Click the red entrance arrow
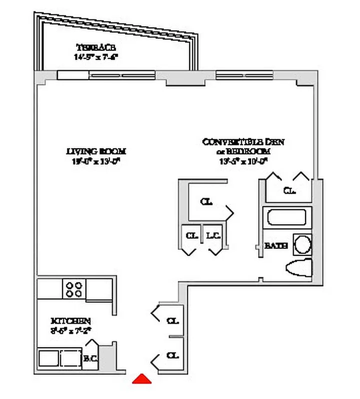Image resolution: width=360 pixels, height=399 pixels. (x=142, y=379)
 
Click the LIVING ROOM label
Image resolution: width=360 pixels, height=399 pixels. (x=96, y=151)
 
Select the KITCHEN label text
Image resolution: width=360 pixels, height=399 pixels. (x=70, y=320)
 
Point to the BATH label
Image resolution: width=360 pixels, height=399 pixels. (x=276, y=246)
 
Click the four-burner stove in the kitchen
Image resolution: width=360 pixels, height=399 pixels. (x=74, y=289)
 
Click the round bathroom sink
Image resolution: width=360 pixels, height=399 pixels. (x=302, y=244)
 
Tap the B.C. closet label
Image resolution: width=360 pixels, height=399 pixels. (x=90, y=358)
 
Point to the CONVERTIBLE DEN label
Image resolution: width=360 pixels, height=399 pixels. (x=244, y=142)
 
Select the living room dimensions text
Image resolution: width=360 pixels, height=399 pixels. (x=96, y=161)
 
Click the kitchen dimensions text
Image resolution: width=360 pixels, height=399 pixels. (x=70, y=329)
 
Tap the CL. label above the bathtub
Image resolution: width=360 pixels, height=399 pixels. (x=289, y=191)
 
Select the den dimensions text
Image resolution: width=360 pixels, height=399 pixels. (x=244, y=161)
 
